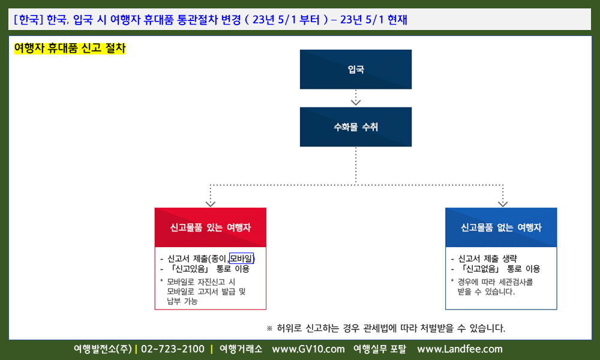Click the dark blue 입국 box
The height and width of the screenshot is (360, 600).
355,69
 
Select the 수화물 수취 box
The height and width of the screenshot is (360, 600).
355,127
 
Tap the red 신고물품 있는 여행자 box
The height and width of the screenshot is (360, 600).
211,227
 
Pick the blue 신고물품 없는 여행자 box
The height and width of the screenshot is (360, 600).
501,227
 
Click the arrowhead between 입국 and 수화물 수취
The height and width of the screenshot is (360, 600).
356,102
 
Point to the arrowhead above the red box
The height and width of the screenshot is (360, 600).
211,203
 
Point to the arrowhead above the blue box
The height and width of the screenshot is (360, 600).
503,203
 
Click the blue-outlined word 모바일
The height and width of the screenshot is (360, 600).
241,259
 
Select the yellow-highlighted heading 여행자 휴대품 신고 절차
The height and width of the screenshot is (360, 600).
70,48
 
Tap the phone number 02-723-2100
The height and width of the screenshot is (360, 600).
173,349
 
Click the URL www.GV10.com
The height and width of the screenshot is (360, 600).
308,349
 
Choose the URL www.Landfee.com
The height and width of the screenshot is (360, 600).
460,349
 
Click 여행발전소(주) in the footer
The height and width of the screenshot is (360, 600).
103,349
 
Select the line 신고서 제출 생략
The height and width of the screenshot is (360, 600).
487,259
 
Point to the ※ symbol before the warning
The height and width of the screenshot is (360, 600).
269,328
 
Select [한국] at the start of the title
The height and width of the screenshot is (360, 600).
28,20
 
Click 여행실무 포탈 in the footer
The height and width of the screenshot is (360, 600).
380,349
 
